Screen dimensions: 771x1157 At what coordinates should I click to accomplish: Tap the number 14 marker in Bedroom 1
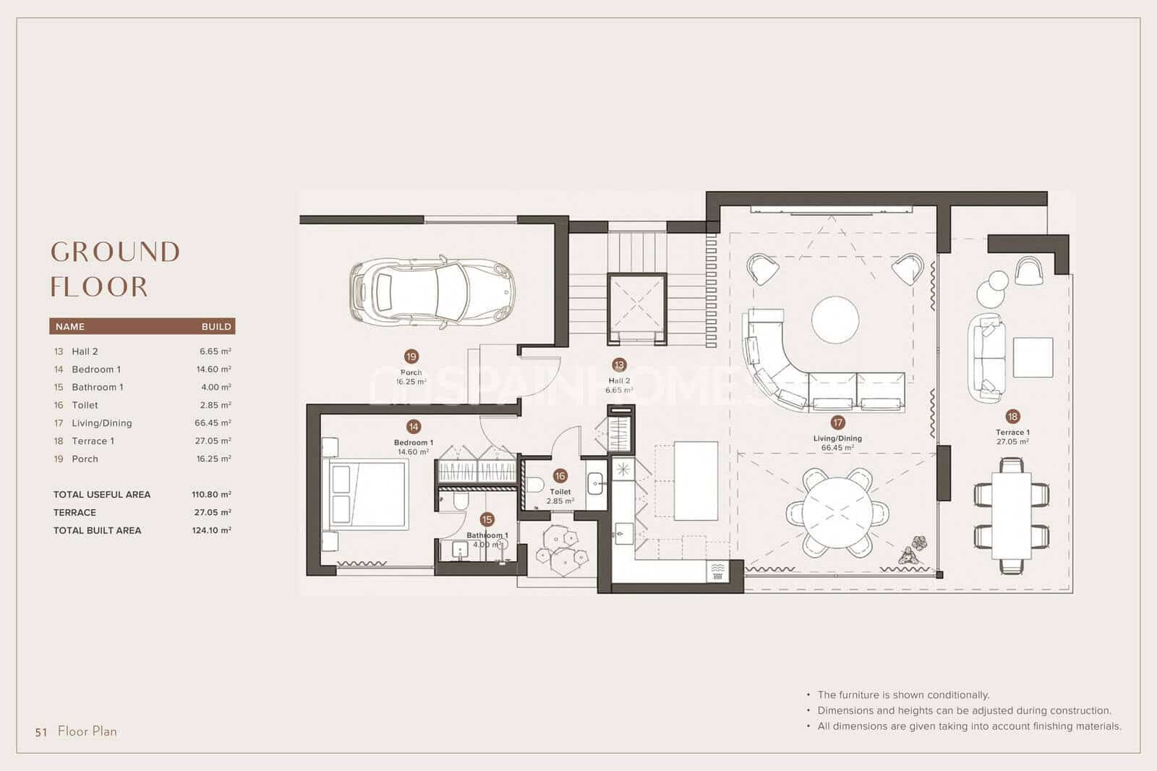pyautogui.click(x=414, y=427)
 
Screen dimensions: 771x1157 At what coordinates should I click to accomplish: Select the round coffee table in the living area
pyautogui.click(x=835, y=320)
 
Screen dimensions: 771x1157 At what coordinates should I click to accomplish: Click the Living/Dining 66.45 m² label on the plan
pyautogui.click(x=837, y=443)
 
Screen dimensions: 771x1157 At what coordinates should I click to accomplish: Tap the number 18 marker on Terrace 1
pyautogui.click(x=1012, y=416)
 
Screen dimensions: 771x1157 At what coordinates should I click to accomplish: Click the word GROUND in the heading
pyautogui.click(x=116, y=252)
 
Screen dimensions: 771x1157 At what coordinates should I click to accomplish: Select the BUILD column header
pyautogui.click(x=216, y=327)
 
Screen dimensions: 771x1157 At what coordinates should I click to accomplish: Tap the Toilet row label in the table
pyautogui.click(x=85, y=405)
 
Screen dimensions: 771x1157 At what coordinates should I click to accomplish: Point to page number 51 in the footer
pyautogui.click(x=41, y=732)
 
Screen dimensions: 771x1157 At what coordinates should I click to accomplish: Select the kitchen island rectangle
pyautogui.click(x=695, y=480)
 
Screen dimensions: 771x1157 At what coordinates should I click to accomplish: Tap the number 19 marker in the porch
pyautogui.click(x=411, y=357)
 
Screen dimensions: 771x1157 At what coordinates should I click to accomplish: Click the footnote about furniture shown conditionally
pyautogui.click(x=903, y=694)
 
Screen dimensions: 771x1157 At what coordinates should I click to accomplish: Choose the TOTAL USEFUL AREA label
pyautogui.click(x=102, y=495)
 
